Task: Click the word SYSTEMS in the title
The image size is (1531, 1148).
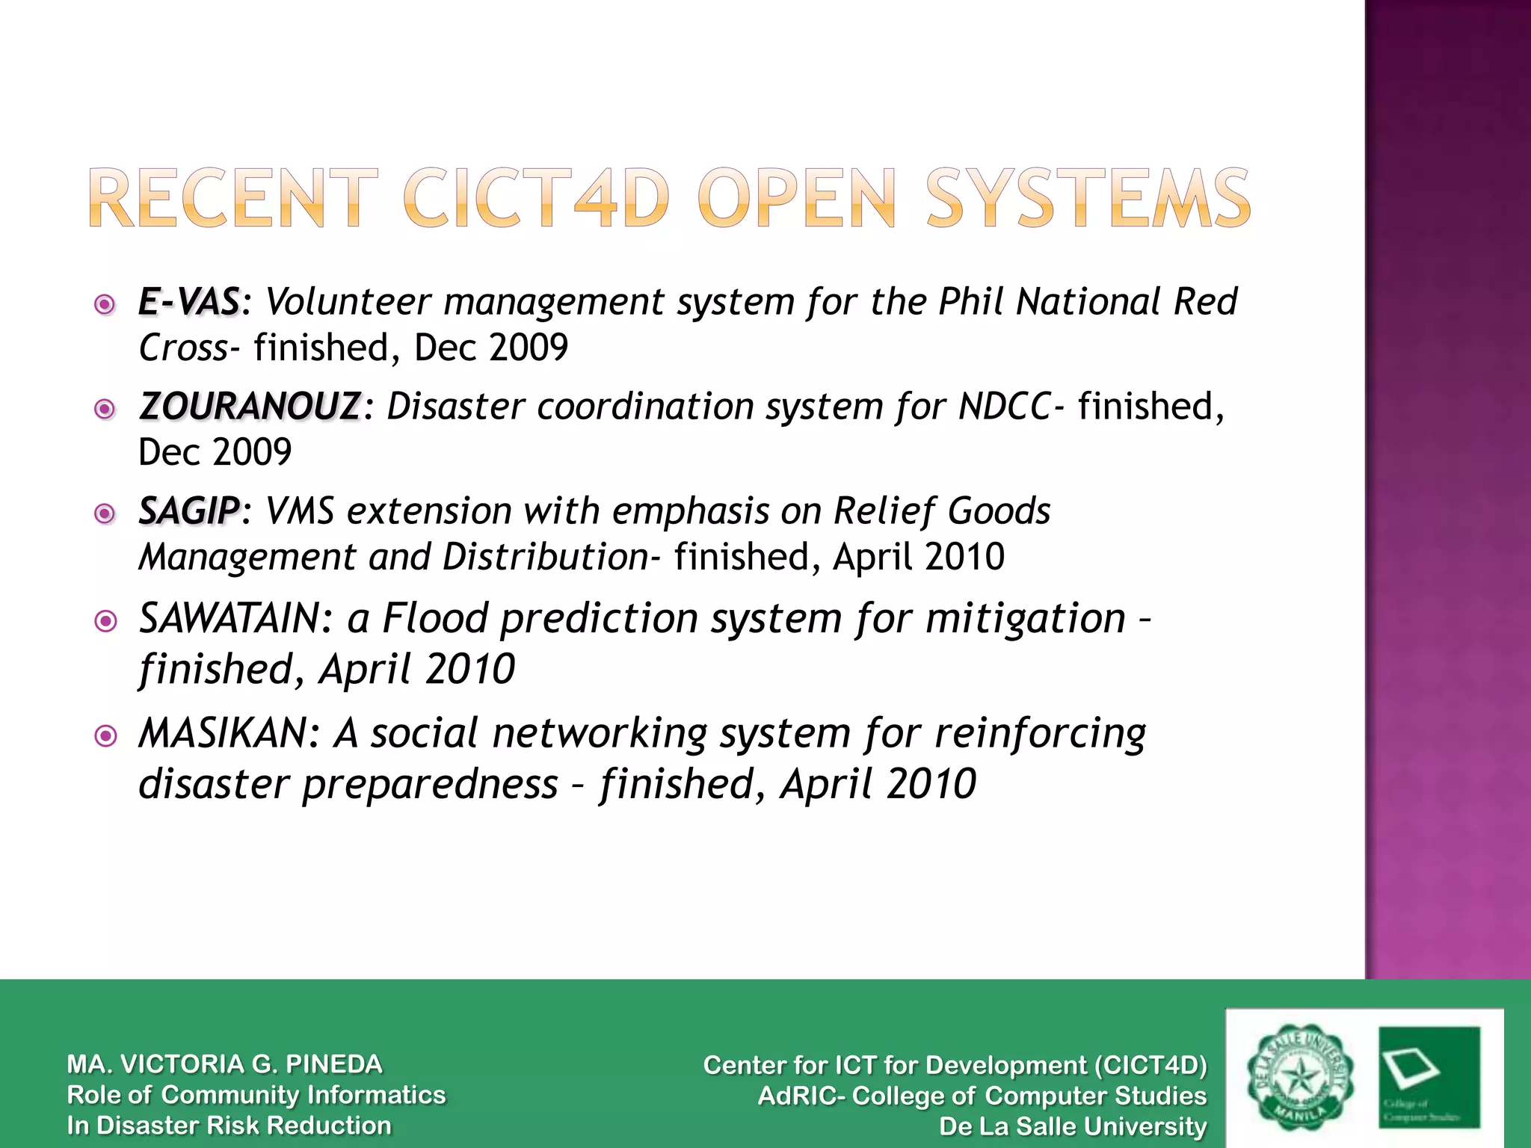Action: pos(1088,198)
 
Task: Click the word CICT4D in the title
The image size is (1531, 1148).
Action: pos(535,198)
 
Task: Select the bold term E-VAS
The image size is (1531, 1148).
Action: pos(189,303)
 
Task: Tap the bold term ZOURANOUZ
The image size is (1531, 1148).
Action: pos(250,407)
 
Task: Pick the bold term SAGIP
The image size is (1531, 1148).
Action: pos(189,512)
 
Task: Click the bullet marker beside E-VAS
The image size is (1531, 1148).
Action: pos(105,304)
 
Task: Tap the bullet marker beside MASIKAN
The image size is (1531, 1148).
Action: pos(106,736)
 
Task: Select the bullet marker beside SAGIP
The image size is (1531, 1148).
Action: pos(105,513)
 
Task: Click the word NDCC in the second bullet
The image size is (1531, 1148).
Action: pos(1005,407)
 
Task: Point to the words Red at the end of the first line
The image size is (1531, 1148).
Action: pos(1205,303)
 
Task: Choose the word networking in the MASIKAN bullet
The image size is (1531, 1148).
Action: pos(599,734)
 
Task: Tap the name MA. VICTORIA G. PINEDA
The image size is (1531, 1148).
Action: pos(224,1064)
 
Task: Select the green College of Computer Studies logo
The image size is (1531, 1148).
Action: pos(1429,1077)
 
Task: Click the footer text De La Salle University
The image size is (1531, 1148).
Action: pos(1073,1126)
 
